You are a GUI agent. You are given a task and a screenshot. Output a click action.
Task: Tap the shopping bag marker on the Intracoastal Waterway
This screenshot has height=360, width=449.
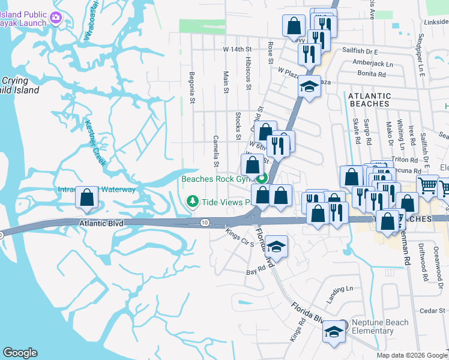(x=87, y=198)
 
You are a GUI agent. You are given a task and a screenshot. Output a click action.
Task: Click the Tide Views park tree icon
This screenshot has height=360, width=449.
(x=192, y=201)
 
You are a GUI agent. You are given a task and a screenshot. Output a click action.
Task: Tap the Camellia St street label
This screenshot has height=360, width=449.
(x=215, y=151)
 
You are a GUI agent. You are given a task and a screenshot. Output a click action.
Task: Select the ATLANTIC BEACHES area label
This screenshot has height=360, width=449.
(x=369, y=100)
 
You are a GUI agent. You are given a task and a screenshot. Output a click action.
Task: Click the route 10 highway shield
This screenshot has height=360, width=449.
(x=205, y=223)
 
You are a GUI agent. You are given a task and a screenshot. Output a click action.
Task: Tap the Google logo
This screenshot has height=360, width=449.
(x=20, y=353)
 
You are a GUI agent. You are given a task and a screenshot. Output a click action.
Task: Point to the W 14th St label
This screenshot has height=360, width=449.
(x=237, y=49)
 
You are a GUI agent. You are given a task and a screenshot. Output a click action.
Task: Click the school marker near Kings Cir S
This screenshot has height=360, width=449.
(x=276, y=247)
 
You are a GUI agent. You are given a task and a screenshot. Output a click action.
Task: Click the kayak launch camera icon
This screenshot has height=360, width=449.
(x=56, y=17)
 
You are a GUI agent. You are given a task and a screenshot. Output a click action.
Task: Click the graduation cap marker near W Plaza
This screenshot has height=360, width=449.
(x=310, y=88)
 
